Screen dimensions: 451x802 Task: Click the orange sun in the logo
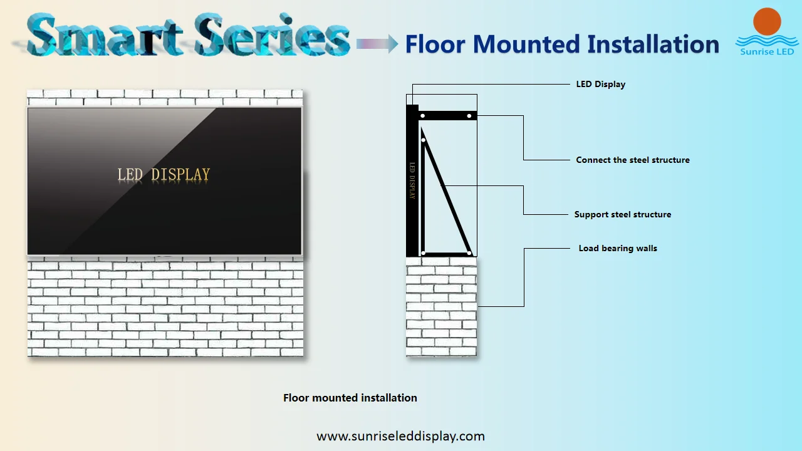click(x=767, y=22)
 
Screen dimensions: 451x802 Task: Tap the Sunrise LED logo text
click(x=767, y=51)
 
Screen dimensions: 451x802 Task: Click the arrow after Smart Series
click(x=377, y=43)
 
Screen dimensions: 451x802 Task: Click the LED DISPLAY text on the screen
click(x=164, y=175)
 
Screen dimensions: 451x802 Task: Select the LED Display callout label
click(x=600, y=84)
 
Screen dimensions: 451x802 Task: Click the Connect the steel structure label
click(x=632, y=160)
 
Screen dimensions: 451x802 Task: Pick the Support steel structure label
click(x=622, y=214)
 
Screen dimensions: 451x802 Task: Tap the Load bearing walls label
click(x=618, y=248)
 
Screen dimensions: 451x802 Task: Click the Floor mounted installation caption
click(x=350, y=398)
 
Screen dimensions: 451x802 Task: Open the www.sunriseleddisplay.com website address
click(x=400, y=436)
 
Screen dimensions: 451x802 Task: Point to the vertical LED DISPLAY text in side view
click(x=412, y=180)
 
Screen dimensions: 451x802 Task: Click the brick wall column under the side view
click(x=441, y=307)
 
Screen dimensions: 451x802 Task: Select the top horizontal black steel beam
click(x=447, y=115)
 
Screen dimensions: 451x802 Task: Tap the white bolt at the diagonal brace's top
click(x=424, y=140)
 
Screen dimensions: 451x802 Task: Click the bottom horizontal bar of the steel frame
click(x=446, y=254)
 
